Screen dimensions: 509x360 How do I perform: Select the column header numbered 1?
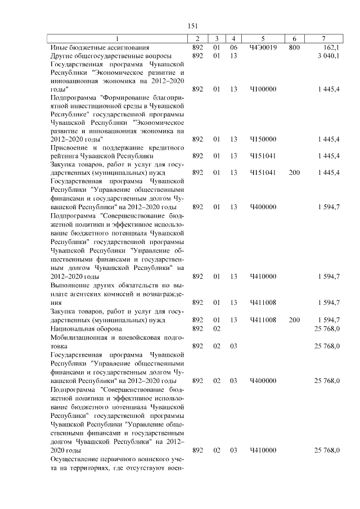pos(118,38)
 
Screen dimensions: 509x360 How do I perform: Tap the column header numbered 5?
pos(263,38)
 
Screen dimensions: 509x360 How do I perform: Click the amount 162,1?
pos(330,47)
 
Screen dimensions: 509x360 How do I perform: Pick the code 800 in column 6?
pos(294,47)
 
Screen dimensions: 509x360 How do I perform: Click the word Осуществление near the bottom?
pos(73,460)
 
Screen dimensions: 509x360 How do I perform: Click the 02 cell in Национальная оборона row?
pos(217,328)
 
